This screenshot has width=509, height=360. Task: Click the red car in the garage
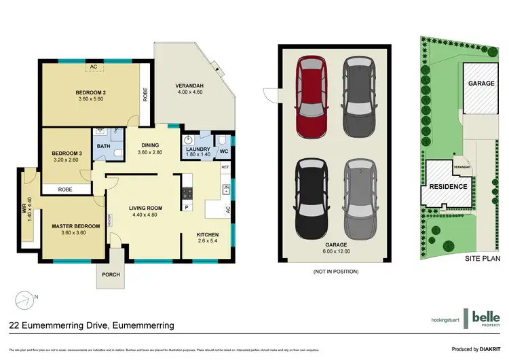click(x=312, y=94)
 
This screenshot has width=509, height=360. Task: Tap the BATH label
click(x=103, y=145)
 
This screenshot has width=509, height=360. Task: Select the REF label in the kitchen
click(x=225, y=166)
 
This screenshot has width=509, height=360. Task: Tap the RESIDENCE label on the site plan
click(x=448, y=186)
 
